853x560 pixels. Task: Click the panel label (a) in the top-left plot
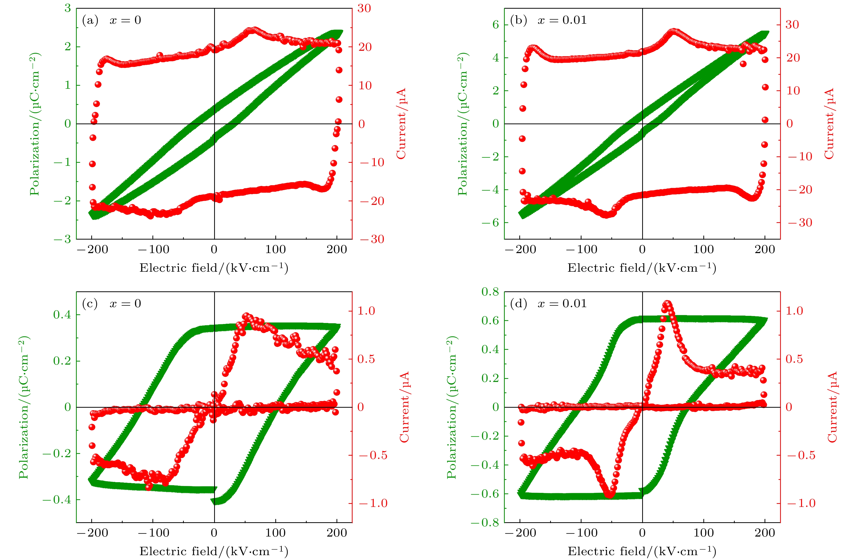(90, 20)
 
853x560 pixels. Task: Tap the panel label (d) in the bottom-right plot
(518, 304)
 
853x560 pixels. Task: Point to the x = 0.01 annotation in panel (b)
(562, 20)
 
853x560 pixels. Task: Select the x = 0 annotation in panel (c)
(125, 304)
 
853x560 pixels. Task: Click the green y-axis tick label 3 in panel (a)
(67, 8)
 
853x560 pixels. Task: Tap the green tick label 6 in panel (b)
(496, 25)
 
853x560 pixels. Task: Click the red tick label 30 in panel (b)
(792, 25)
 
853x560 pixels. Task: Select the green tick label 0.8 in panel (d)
(490, 292)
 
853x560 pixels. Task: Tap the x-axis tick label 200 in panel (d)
(765, 533)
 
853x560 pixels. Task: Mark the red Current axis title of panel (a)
(401, 123)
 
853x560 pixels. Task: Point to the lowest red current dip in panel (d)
(610, 495)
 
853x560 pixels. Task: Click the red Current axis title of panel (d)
(832, 407)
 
